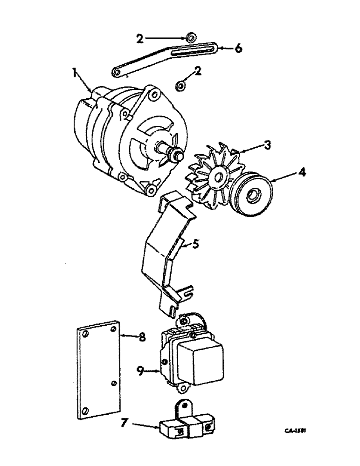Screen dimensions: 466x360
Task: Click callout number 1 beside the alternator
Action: tap(74, 73)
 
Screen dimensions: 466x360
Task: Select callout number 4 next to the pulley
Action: tap(303, 172)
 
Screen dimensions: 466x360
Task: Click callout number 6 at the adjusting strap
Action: tap(238, 48)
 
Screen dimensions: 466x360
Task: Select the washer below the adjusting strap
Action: tap(180, 86)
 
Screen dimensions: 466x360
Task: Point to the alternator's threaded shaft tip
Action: tap(177, 154)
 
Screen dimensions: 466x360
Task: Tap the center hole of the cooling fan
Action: tap(217, 177)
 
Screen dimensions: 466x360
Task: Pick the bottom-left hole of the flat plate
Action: tap(85, 410)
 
